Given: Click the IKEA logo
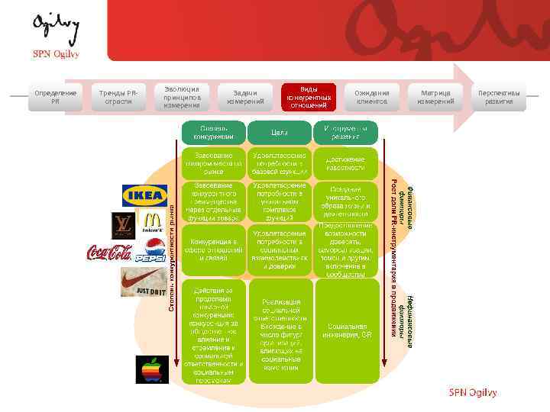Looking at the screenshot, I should click(x=145, y=196).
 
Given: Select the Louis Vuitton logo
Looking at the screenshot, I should click(x=122, y=226).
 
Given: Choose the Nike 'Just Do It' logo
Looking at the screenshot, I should click(x=141, y=283).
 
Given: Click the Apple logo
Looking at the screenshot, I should click(x=152, y=370).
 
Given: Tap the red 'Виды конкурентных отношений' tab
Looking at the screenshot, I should click(x=309, y=98).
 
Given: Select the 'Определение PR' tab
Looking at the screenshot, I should click(x=55, y=98).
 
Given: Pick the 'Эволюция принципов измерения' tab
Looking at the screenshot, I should click(x=182, y=97).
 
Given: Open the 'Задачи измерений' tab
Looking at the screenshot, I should click(x=245, y=98).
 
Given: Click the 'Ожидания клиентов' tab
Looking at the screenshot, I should click(x=372, y=98).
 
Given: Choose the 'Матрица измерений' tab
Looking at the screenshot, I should click(x=435, y=98).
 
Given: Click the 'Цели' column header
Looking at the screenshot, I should click(x=279, y=132).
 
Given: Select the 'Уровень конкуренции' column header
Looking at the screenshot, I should click(x=213, y=132).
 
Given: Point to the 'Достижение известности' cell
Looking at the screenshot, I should click(x=345, y=163).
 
